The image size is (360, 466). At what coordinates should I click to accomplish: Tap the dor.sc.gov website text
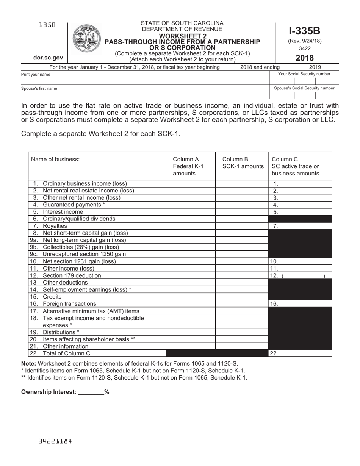click(x=48, y=58)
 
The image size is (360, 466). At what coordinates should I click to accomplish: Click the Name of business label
click(x=55, y=160)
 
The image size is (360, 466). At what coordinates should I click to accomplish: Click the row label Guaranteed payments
click(x=74, y=205)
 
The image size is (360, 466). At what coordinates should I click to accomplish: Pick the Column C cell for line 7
click(x=300, y=226)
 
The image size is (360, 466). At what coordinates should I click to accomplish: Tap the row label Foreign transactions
click(x=69, y=304)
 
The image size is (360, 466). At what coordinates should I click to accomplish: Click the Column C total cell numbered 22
click(x=300, y=353)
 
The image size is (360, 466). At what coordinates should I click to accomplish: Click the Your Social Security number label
click(x=304, y=74)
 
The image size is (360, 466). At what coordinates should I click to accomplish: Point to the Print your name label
click(x=36, y=75)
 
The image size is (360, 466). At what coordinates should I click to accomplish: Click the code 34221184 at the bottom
click(x=55, y=441)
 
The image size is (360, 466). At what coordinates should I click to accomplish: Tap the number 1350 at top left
click(x=47, y=25)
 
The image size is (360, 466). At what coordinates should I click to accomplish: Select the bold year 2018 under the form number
click(x=304, y=58)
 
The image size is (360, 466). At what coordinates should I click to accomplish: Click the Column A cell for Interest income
click(x=191, y=212)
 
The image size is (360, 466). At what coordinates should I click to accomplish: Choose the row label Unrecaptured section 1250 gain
click(x=84, y=254)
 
